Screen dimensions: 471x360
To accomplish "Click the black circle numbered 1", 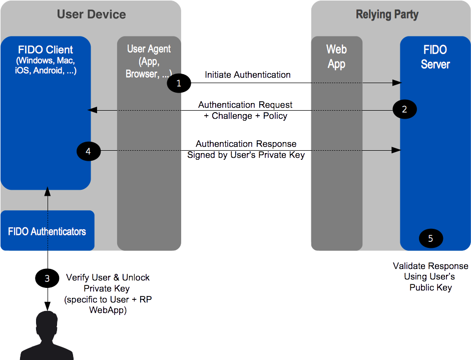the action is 179,83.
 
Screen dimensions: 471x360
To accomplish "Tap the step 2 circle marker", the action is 404,109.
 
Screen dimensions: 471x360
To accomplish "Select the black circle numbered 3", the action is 47,278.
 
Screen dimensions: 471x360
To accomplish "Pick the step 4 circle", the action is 89,151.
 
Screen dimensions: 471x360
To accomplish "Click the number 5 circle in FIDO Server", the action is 431,238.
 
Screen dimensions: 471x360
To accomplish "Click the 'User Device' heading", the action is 91,15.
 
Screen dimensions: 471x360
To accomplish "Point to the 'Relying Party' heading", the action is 387,15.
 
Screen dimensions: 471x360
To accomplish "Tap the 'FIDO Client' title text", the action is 46,50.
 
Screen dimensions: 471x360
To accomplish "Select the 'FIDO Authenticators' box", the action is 48,230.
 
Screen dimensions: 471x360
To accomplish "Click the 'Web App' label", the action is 336,57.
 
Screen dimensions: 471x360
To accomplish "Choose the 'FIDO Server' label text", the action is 435,57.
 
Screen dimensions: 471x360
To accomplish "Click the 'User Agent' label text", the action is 149,49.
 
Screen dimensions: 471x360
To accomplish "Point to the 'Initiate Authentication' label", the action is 248,75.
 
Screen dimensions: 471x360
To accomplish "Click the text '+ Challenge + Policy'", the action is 245,116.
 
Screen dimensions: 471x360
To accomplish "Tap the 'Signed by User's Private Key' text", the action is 246,155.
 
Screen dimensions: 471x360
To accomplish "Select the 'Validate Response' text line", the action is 430,266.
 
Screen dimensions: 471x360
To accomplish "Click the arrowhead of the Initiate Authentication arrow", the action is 397,83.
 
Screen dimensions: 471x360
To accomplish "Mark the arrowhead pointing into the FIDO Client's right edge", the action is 92,110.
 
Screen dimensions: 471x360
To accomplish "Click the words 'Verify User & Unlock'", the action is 108,277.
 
